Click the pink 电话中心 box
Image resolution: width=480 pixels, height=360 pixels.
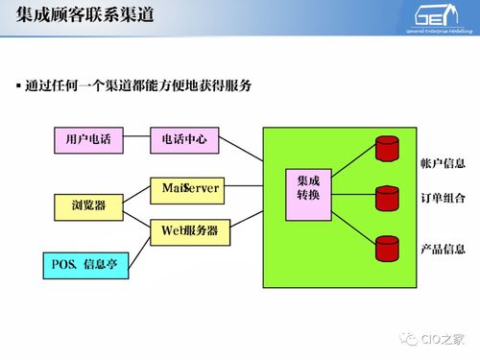click(x=186, y=138)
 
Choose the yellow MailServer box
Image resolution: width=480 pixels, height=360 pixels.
click(x=190, y=189)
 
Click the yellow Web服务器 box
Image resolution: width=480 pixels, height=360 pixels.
click(x=190, y=231)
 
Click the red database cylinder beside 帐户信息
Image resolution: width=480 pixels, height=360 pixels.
click(x=386, y=149)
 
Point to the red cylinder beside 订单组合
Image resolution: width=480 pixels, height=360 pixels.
click(x=386, y=198)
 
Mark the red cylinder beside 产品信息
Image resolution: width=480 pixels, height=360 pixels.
click(x=386, y=250)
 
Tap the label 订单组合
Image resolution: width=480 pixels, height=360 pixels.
click(x=443, y=199)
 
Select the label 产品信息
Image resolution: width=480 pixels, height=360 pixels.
click(x=443, y=250)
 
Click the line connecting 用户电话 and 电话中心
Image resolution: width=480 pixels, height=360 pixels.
click(x=137, y=138)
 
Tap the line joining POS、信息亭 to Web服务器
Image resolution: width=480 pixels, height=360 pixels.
click(x=140, y=248)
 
